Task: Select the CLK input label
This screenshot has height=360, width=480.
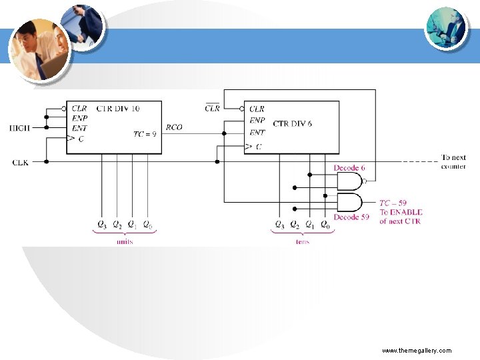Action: point(20,162)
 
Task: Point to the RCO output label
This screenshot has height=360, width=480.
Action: point(174,127)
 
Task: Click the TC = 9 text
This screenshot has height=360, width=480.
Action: point(145,133)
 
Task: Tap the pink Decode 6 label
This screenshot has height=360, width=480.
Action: point(349,168)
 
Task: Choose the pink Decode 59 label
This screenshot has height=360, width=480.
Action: point(351,217)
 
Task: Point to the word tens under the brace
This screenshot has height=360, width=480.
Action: point(302,241)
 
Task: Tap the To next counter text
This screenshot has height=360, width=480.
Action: point(453,162)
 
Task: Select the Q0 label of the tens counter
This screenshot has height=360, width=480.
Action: point(325,225)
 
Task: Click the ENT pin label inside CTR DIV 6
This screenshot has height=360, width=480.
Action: point(257,133)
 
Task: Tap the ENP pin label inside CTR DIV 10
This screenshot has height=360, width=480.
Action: point(79,117)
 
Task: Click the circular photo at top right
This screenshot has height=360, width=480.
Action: point(445,28)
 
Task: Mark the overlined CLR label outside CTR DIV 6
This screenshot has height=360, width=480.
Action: point(212,107)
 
